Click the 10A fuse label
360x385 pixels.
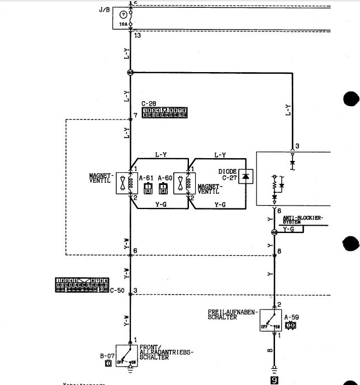click(x=123, y=25)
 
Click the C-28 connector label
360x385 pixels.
click(x=149, y=103)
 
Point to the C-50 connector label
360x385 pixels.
click(x=117, y=290)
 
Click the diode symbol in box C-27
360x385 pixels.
click(x=245, y=177)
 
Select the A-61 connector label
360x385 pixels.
click(x=146, y=178)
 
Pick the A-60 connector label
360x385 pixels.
click(x=164, y=178)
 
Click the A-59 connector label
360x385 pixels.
click(x=291, y=317)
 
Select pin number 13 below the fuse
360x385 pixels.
click(x=138, y=35)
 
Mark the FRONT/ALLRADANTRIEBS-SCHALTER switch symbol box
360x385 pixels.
click(x=127, y=354)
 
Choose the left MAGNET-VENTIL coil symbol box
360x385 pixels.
click(x=124, y=183)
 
